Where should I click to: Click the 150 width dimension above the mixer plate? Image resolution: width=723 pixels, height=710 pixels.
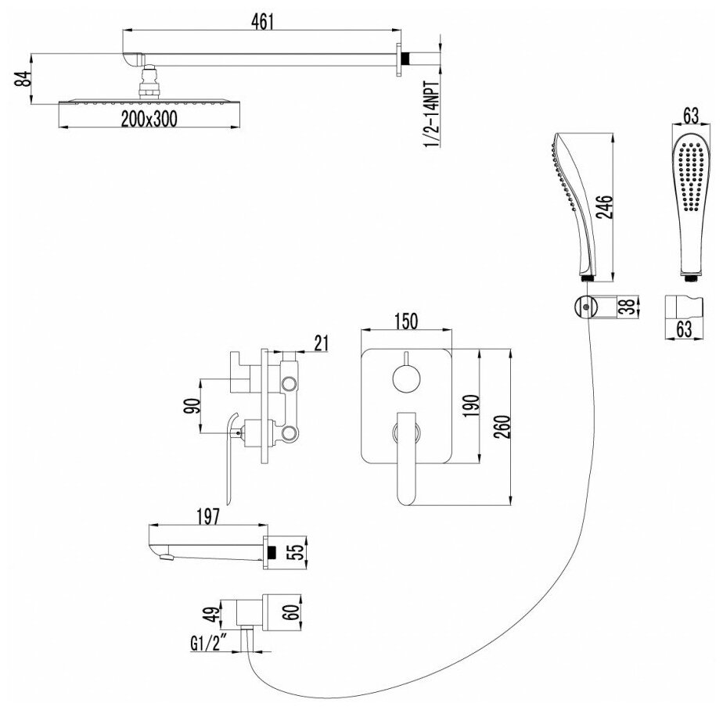(407, 321)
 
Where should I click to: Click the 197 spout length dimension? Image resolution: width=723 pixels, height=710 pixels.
(206, 517)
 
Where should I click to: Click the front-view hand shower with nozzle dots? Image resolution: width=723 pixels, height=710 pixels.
(688, 205)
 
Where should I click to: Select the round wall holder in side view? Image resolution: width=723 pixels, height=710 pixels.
(581, 307)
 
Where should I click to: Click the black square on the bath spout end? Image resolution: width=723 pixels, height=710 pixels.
(271, 551)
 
